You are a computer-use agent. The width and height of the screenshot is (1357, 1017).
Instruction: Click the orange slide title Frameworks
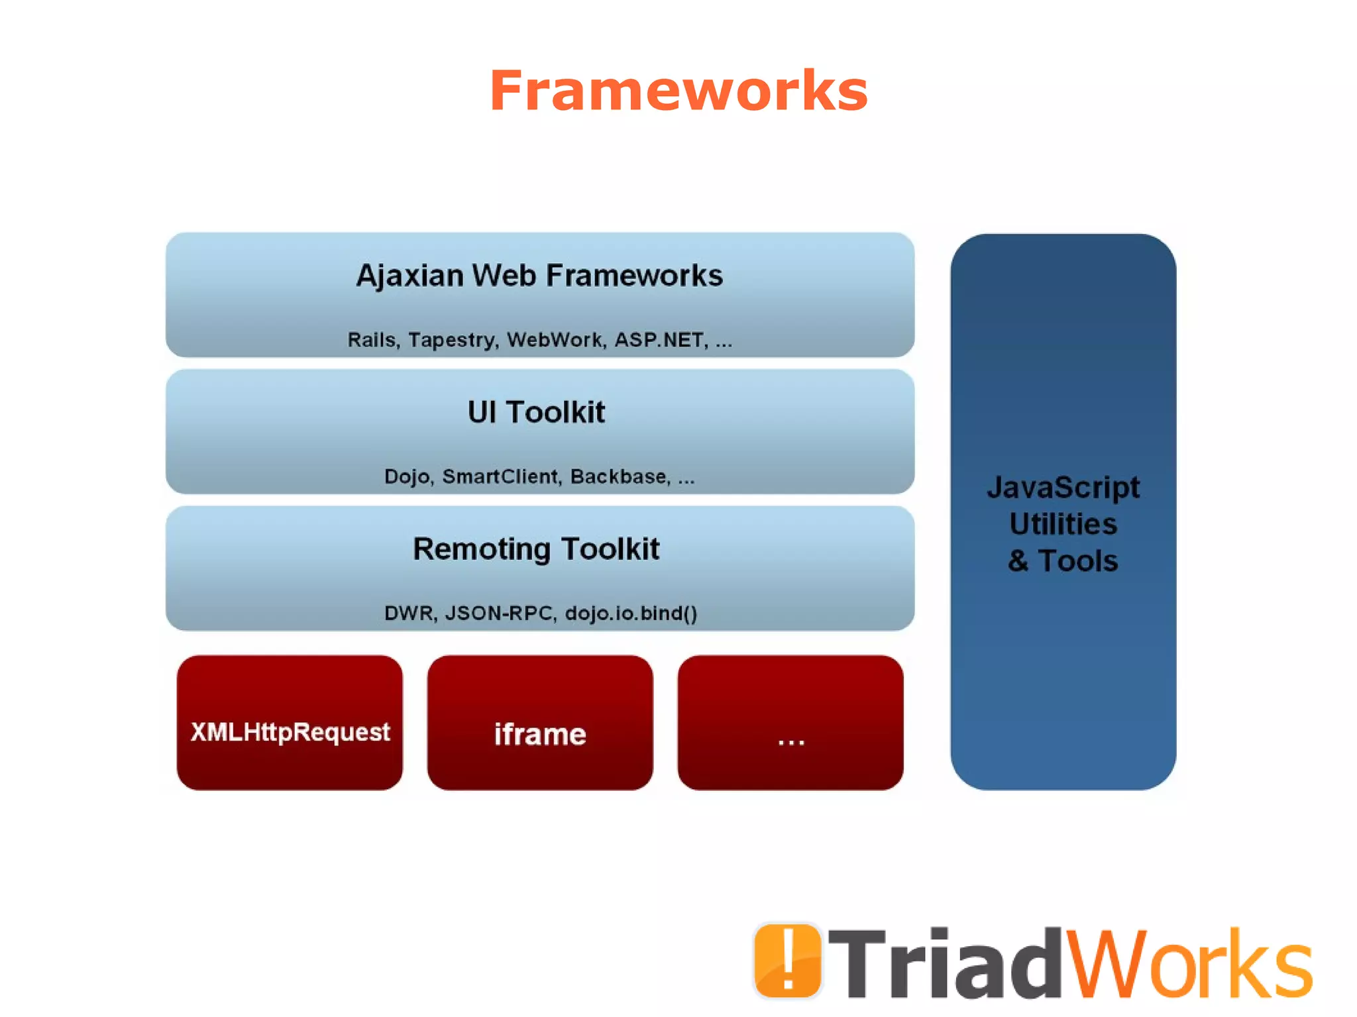(678, 91)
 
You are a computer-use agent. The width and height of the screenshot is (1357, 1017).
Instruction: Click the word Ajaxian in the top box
(409, 276)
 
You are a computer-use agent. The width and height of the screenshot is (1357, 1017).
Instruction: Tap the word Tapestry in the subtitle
(452, 340)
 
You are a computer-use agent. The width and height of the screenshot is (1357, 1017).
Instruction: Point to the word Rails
(373, 340)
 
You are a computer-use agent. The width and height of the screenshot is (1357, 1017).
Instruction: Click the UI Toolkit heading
(536, 412)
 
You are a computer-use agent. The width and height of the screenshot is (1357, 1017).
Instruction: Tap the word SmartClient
(502, 476)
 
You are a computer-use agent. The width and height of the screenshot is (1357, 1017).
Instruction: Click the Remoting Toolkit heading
(536, 549)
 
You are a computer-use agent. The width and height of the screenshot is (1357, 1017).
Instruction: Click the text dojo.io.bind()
(631, 613)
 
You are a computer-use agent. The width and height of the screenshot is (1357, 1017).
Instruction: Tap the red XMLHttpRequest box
(290, 722)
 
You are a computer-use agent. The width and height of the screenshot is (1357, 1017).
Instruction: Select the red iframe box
(540, 722)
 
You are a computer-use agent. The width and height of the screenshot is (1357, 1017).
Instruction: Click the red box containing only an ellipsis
(790, 722)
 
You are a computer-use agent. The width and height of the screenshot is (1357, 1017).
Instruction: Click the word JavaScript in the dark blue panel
(1063, 488)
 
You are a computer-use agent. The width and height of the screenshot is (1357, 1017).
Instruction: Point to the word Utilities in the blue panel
(1063, 524)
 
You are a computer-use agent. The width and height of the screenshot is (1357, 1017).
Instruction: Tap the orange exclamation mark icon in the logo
(787, 960)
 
